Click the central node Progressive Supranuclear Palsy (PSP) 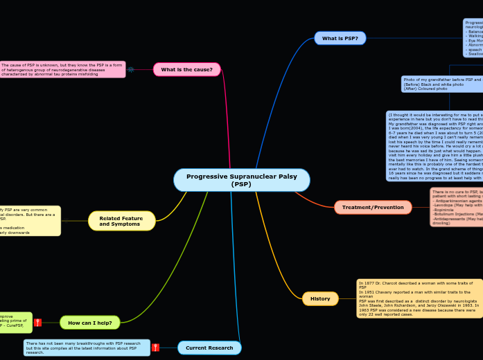tap(241, 180)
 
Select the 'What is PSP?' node tap(340, 38)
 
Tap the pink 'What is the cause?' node tap(186, 69)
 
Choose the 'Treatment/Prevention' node tap(373, 207)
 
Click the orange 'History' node tap(320, 298)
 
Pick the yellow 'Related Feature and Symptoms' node tap(121, 221)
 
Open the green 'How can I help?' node tap(90, 323)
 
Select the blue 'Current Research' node tap(209, 348)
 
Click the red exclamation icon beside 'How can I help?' tap(37, 323)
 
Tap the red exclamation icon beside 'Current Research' tap(155, 348)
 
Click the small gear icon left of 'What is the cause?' tap(130, 69)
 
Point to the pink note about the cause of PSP tap(62, 69)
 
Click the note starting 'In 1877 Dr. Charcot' tap(419, 298)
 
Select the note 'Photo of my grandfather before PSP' tap(442, 84)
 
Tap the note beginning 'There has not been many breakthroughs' tap(87, 348)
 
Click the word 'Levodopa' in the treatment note tap(443, 206)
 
